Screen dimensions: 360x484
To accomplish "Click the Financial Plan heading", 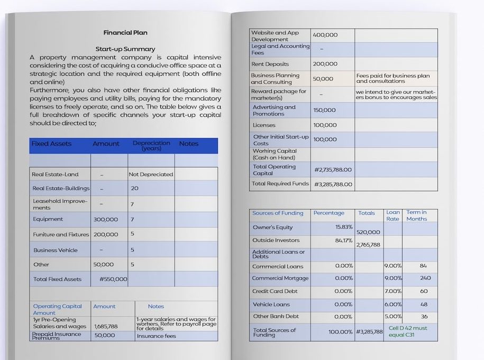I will tap(125, 33).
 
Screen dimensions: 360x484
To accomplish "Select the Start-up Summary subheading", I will tap(125, 49).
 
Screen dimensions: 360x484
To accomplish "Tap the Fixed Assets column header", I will tap(51, 143).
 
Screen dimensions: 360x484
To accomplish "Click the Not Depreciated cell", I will tap(151, 174).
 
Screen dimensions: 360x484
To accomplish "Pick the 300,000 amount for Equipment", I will tap(106, 219).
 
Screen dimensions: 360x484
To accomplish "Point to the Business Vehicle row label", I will tap(55, 250).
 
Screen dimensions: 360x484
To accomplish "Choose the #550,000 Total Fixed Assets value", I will tap(113, 279).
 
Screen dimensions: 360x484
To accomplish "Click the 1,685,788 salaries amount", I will tap(106, 326).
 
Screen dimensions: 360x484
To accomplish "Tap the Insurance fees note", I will tap(156, 336).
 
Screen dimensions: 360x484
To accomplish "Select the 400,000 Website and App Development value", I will tap(325, 35).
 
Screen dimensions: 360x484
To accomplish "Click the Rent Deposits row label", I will tap(270, 64).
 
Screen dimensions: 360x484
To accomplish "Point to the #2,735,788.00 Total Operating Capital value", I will tap(333, 170).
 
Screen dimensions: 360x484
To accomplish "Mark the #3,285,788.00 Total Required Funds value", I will tap(333, 184).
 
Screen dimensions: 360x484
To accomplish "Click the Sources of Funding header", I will tap(278, 213).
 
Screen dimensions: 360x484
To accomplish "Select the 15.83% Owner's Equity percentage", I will tap(344, 227).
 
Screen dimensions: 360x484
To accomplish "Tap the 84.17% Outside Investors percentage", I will tap(344, 240).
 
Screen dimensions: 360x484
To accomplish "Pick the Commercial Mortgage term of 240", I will tap(425, 278).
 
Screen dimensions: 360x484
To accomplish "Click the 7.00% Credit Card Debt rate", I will tap(393, 291).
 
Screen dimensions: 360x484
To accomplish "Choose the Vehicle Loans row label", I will tap(271, 304).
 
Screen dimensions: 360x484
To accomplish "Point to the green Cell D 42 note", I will tap(408, 331).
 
